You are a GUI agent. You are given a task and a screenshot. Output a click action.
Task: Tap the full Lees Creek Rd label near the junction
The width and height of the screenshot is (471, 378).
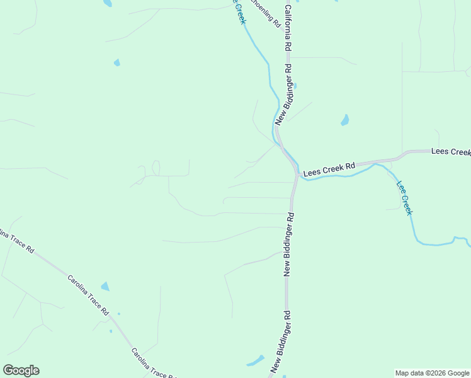(x=329, y=169)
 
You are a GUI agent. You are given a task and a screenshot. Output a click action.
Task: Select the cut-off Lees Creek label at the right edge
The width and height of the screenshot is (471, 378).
(x=451, y=152)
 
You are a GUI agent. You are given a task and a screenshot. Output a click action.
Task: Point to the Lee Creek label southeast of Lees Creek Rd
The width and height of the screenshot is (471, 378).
(x=404, y=198)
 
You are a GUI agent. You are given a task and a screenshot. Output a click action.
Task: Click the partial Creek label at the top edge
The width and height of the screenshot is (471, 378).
(x=239, y=12)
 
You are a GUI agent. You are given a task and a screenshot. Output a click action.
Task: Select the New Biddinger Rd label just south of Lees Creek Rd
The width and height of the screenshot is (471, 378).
(x=290, y=243)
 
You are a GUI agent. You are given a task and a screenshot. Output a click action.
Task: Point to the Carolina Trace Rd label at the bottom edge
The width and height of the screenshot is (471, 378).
(x=153, y=364)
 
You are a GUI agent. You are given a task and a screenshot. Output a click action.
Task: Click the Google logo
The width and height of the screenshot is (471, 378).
(x=21, y=370)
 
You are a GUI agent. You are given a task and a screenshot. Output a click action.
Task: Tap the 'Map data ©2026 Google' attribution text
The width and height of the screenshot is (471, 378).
(x=432, y=373)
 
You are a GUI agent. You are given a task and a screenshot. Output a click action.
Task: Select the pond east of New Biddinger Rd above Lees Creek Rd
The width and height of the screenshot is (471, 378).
(x=345, y=120)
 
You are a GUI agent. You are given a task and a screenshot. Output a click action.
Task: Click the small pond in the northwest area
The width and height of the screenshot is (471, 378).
(x=116, y=62)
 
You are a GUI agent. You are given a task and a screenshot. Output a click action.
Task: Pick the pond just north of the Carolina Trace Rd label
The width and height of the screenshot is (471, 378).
(x=105, y=287)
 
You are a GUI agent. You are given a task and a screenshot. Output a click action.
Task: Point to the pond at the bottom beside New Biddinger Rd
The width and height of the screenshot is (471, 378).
(x=256, y=361)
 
